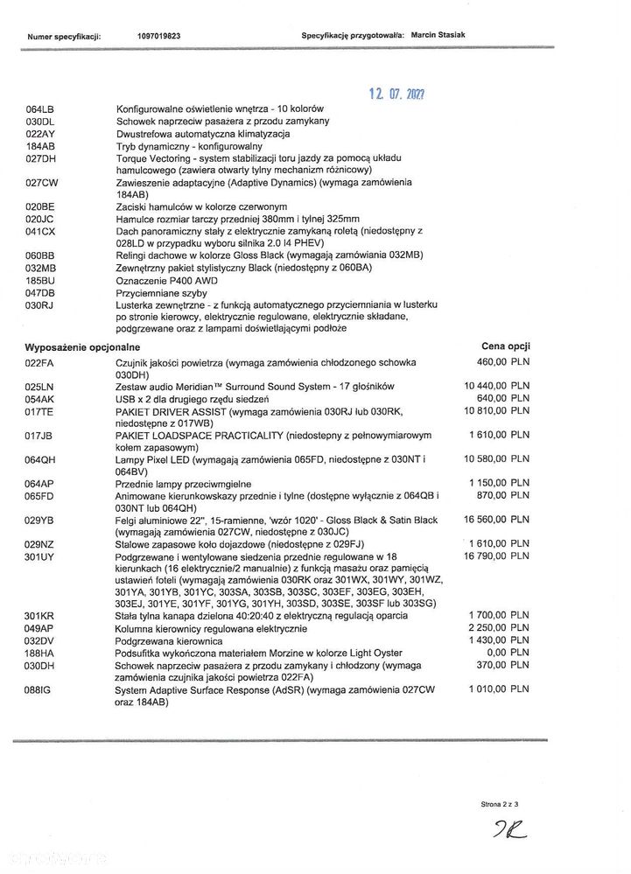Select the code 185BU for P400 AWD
pyautogui.click(x=41, y=280)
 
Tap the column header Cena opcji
pyautogui.click(x=505, y=346)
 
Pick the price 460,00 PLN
pyautogui.click(x=504, y=360)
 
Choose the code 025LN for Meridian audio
pyautogui.click(x=41, y=386)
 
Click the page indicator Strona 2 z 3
pyautogui.click(x=501, y=803)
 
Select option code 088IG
pyautogui.click(x=40, y=689)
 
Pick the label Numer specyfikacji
pyautogui.click(x=65, y=38)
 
